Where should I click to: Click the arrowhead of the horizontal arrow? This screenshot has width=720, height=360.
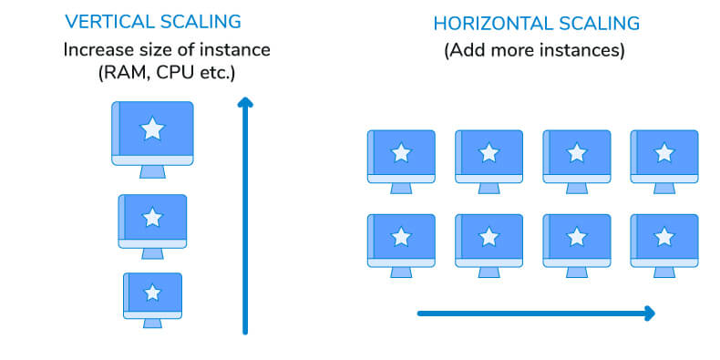pos(648,314)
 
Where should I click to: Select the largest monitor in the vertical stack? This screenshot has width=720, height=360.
pos(152,133)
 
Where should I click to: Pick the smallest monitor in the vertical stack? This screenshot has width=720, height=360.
pos(152,294)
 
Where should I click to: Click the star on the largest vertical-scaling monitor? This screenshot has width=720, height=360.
pos(152,129)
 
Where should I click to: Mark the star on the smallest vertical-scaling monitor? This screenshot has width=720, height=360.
pos(153,293)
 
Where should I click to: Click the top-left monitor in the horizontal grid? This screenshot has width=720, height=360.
pos(401,157)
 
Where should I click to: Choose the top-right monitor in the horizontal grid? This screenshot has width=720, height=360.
pos(664,157)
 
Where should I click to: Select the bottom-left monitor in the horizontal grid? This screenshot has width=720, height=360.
pos(401,241)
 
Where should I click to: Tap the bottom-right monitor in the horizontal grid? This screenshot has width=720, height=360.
pos(664,241)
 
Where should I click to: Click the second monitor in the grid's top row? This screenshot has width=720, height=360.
pos(489,157)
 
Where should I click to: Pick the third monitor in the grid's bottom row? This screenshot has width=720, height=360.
pos(577,241)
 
